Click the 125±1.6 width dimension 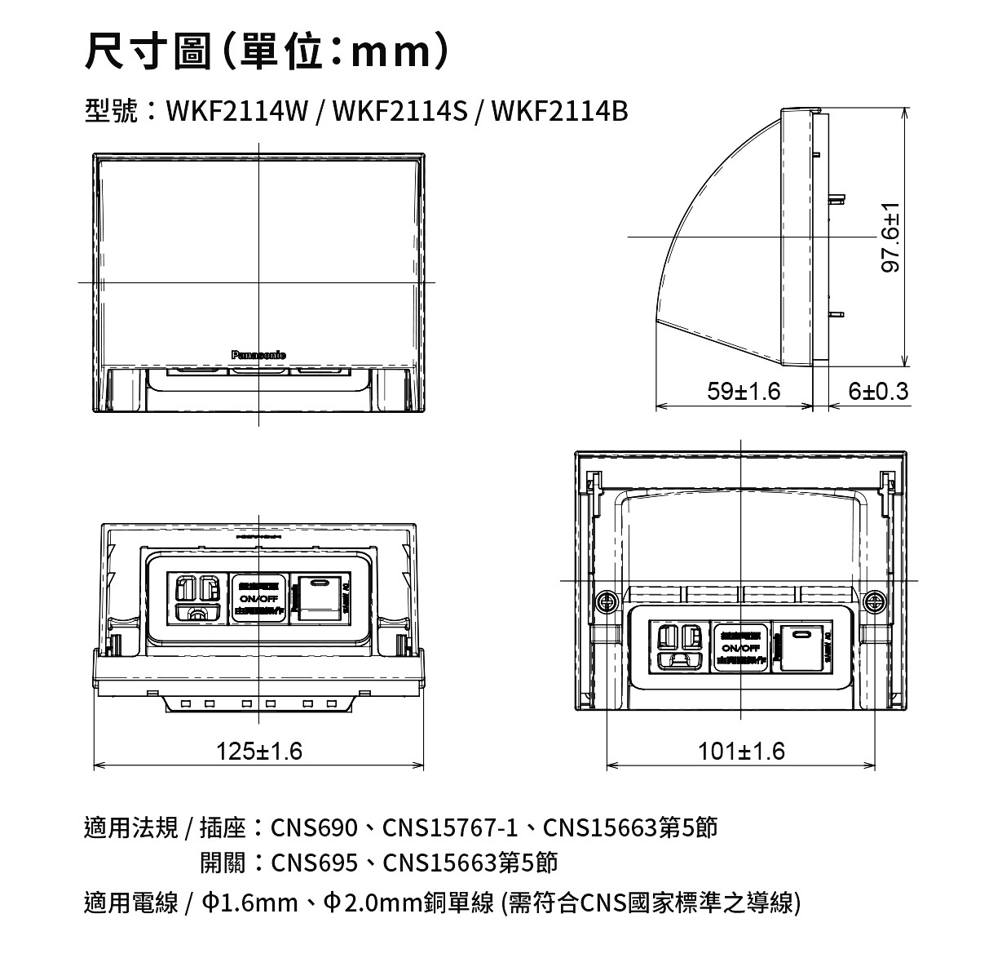click(x=259, y=750)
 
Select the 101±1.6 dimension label click(x=741, y=751)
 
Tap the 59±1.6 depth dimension click(x=744, y=392)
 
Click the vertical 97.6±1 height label click(x=894, y=237)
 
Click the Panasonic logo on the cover click(x=258, y=354)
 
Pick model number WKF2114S click(x=399, y=111)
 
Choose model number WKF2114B click(x=561, y=111)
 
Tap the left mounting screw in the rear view click(x=606, y=602)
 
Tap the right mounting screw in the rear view click(x=875, y=602)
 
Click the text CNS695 click(x=314, y=863)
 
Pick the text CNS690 click(x=314, y=828)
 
